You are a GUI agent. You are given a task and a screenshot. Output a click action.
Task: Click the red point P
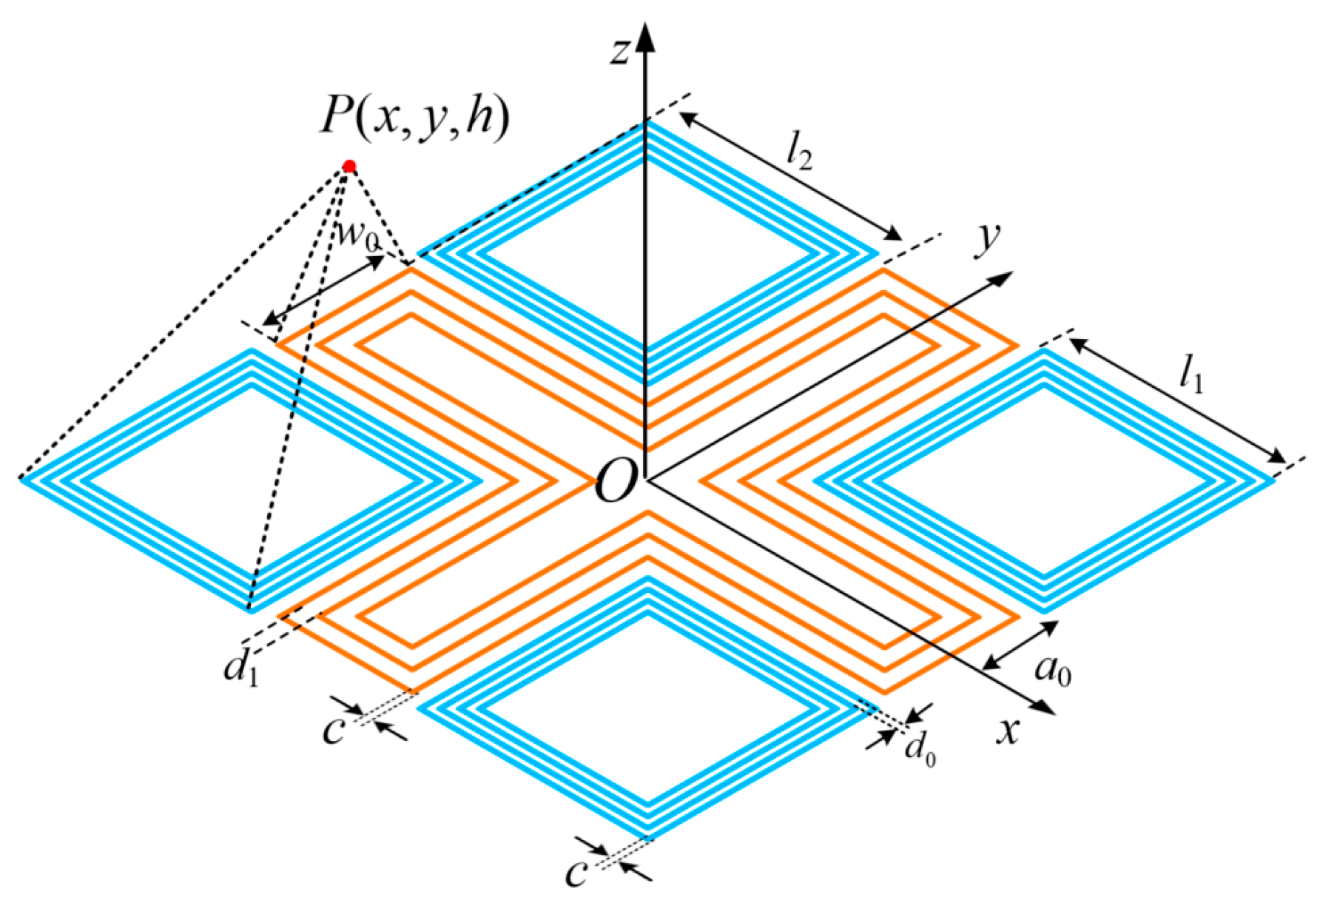[349, 166]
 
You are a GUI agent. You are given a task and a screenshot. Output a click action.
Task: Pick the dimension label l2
[799, 153]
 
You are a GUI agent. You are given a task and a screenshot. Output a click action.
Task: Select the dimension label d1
[241, 669]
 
